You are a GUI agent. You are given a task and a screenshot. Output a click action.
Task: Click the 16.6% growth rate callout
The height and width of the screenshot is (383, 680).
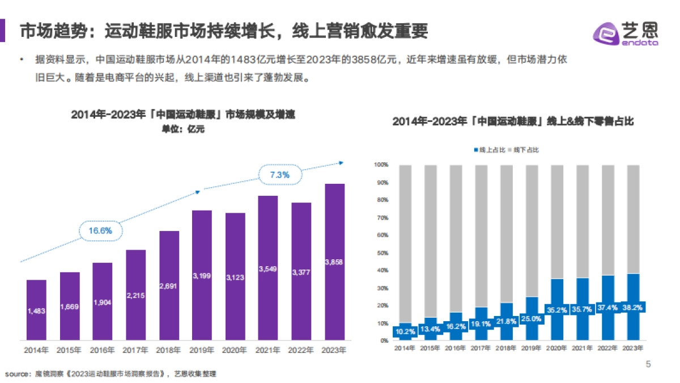point(100,230)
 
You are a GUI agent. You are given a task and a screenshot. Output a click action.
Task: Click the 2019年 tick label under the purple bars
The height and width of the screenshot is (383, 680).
point(202,350)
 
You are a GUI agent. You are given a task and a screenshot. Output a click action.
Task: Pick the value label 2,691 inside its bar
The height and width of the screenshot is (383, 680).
point(169,286)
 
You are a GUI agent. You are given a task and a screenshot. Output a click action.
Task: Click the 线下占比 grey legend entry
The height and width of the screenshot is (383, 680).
point(525,150)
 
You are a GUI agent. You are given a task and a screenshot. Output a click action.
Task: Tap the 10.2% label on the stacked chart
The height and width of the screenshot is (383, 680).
point(404,331)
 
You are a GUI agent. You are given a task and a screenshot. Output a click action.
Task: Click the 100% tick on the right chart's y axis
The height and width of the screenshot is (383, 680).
point(380,165)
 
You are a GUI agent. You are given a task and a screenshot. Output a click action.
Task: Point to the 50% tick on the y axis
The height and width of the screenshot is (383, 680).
point(381,252)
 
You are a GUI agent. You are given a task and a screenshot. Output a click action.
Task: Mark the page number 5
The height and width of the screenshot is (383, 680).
point(648,364)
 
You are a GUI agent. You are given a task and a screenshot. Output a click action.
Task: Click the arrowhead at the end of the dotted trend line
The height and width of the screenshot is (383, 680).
point(342,162)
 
